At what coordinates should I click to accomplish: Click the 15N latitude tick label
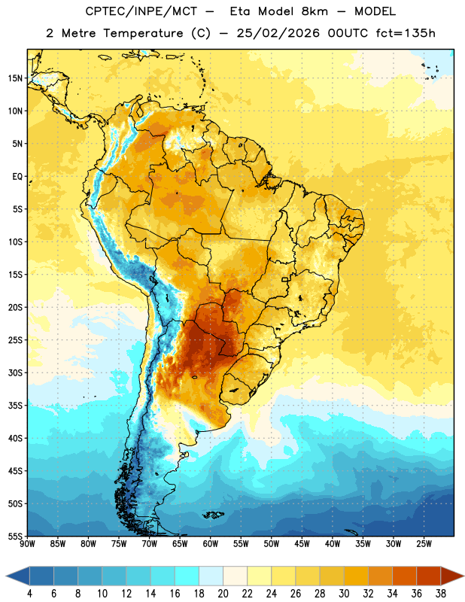(x=15, y=78)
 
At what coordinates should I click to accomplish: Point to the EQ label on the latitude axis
(x=17, y=177)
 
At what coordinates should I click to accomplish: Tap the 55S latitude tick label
(x=15, y=537)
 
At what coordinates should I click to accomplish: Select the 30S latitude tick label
(x=15, y=372)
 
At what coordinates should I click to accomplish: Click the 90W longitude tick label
(x=27, y=544)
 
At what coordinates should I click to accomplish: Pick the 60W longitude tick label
(x=211, y=544)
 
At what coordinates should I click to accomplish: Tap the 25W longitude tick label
(x=424, y=544)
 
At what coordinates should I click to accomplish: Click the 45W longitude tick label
(x=302, y=544)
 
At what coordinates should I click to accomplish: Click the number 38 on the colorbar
(x=441, y=594)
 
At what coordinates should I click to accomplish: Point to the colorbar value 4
(x=29, y=594)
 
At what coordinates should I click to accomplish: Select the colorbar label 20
(x=223, y=594)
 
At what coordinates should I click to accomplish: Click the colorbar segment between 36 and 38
(x=429, y=576)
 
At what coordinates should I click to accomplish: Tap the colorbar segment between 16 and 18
(x=187, y=576)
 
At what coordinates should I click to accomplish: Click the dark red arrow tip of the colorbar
(x=463, y=576)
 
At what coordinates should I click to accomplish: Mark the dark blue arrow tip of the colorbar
(x=7, y=576)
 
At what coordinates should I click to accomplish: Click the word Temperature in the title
(x=143, y=33)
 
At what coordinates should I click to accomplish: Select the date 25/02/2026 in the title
(x=278, y=33)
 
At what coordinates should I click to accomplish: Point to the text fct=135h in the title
(x=406, y=33)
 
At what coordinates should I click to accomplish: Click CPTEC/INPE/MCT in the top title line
(x=141, y=11)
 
